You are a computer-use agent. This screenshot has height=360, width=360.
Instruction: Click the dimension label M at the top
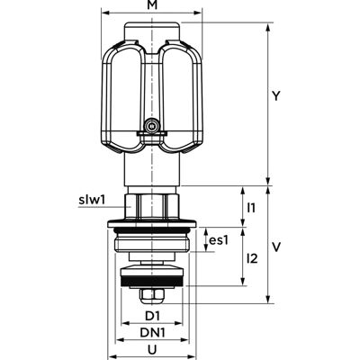(x=152, y=6)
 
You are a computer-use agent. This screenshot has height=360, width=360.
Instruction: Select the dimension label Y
(x=276, y=96)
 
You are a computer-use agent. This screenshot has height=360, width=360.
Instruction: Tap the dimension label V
(x=276, y=247)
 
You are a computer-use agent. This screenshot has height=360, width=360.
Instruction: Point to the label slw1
(x=92, y=200)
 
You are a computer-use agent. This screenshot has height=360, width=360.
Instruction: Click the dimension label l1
(x=251, y=208)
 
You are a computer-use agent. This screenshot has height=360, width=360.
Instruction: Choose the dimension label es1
(x=219, y=240)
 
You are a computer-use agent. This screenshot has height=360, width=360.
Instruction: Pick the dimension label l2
(x=252, y=258)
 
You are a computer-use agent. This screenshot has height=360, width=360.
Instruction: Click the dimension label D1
(x=153, y=316)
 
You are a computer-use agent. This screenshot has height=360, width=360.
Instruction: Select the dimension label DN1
(x=153, y=332)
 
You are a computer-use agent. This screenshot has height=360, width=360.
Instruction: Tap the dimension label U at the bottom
(x=152, y=349)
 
